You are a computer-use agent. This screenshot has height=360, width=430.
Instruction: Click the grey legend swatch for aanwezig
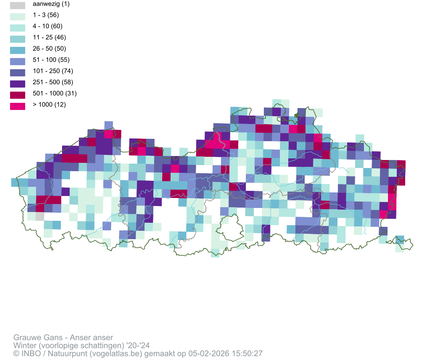coord(18,5)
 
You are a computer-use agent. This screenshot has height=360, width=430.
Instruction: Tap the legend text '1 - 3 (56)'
coord(46,15)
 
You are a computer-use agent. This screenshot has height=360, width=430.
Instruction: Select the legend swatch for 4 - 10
coord(18,28)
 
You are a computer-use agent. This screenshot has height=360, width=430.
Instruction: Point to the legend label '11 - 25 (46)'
coord(49,38)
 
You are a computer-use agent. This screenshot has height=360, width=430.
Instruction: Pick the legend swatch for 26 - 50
coord(18,50)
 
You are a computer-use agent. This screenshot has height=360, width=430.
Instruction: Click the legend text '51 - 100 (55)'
coord(51,60)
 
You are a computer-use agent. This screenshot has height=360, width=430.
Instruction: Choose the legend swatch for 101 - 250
coord(18,72)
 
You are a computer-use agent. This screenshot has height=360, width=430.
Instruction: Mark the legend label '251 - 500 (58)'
coord(52,82)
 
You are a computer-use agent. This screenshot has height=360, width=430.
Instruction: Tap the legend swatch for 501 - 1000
coord(18,95)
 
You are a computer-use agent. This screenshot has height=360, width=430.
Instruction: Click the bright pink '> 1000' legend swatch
coord(18,106)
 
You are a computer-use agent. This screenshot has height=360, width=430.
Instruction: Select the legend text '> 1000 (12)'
coord(49,105)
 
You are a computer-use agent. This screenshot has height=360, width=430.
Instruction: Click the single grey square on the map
coord(40,216)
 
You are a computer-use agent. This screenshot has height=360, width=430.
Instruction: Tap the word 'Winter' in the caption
coord(24,346)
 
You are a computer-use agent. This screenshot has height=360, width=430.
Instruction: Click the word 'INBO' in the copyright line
coord(30,354)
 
